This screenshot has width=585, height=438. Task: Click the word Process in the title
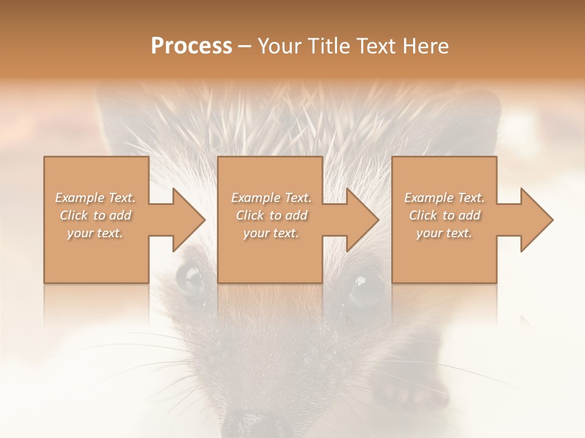(x=191, y=46)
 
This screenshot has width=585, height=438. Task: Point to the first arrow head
(x=188, y=220)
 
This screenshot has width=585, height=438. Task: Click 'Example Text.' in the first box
(x=95, y=198)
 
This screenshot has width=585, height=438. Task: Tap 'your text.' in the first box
(x=95, y=233)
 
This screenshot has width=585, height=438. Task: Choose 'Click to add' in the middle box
(x=271, y=215)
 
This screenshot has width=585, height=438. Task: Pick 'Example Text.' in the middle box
(x=271, y=198)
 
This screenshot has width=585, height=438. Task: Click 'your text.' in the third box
(x=444, y=233)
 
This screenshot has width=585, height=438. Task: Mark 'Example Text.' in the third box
(x=444, y=198)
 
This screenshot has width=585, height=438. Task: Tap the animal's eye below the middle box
(x=366, y=286)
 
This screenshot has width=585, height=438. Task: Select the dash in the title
(x=244, y=46)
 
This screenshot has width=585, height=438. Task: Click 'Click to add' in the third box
(x=444, y=215)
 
